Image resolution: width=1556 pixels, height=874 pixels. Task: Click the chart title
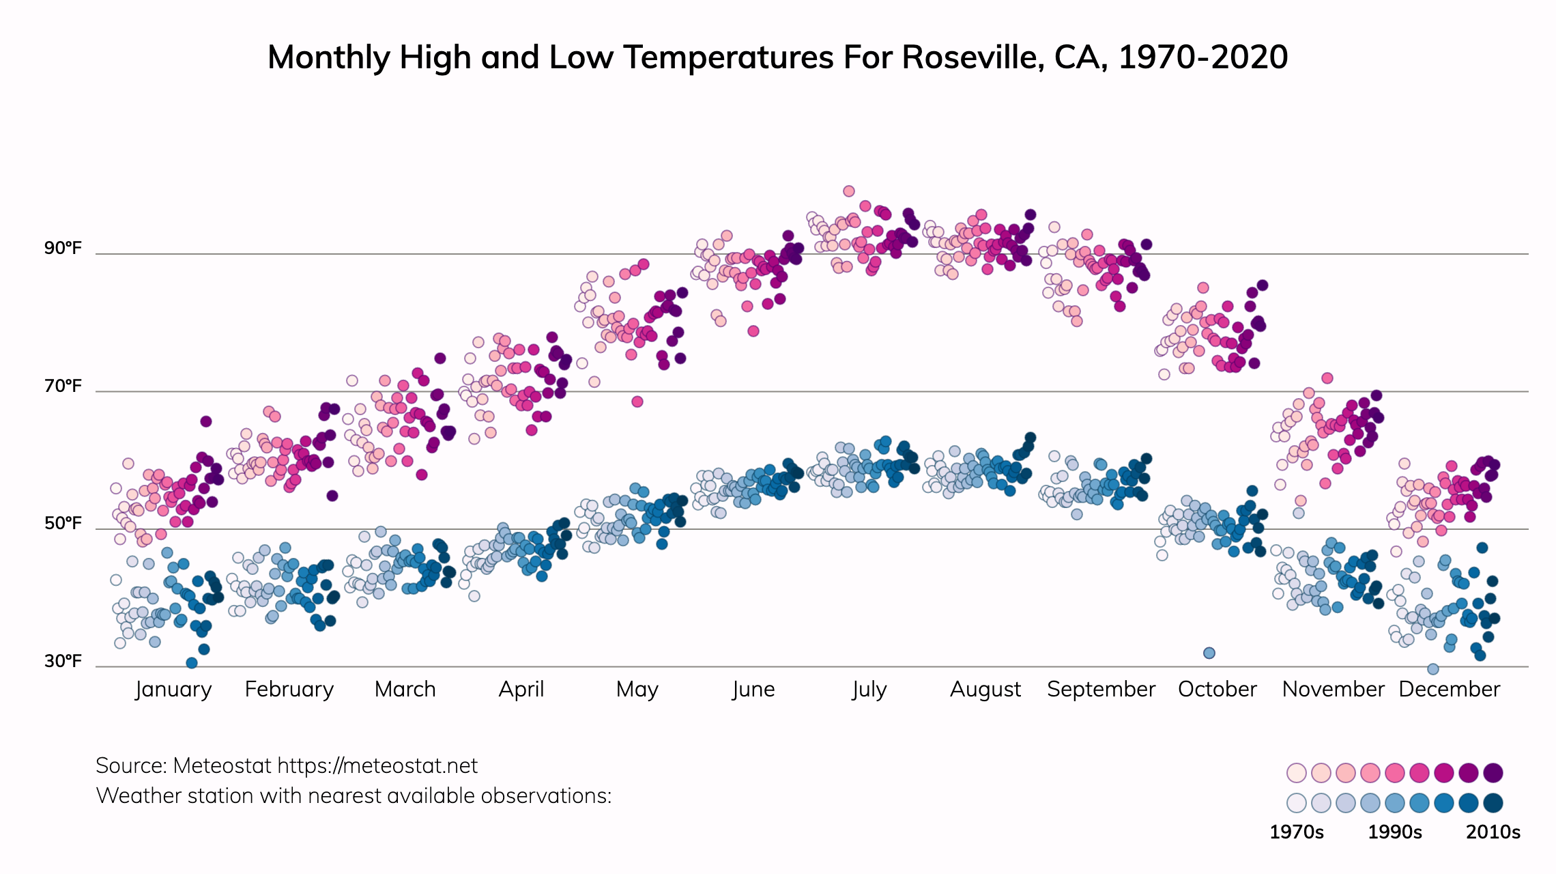[777, 57]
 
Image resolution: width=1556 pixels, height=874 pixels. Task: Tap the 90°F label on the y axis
[63, 248]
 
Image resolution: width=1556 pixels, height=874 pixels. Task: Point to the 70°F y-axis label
[63, 386]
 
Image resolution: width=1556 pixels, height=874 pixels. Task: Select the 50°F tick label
[63, 524]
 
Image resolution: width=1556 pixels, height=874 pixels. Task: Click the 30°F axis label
[63, 661]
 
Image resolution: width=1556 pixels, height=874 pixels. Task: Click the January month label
[173, 689]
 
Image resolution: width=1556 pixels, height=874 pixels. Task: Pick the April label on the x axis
[521, 689]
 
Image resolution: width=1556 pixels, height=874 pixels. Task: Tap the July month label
[869, 689]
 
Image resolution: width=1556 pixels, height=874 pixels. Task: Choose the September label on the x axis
[1101, 689]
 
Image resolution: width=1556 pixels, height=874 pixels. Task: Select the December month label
[1449, 689]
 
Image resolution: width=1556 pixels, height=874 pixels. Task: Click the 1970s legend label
[1296, 832]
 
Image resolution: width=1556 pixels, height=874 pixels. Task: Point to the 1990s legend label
[1395, 832]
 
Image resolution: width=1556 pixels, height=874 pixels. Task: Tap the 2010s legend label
[1493, 832]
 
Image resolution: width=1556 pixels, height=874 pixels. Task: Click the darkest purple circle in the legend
[1493, 773]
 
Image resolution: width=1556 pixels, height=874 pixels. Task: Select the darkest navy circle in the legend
[1493, 803]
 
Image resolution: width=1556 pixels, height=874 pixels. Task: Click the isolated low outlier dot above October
[1209, 653]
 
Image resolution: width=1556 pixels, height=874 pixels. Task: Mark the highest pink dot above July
[849, 191]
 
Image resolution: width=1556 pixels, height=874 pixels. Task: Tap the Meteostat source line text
[287, 766]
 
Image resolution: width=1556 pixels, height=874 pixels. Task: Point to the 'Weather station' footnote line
[354, 796]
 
